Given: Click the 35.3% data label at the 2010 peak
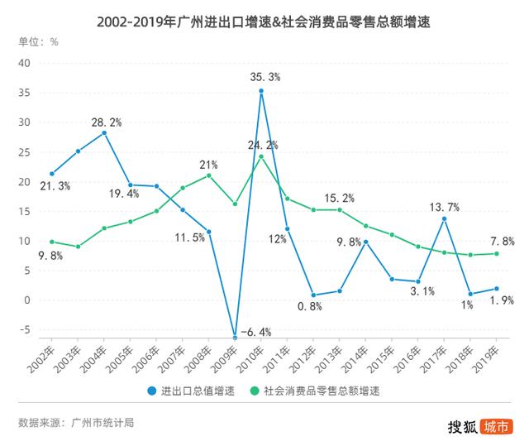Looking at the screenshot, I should pyautogui.click(x=265, y=77).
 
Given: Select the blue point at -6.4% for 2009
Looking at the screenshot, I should pyautogui.click(x=235, y=338).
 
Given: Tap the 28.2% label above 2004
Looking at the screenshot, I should pyautogui.click(x=107, y=122).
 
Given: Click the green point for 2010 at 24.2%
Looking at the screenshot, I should pyautogui.click(x=261, y=156).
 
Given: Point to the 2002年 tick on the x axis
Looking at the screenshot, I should pyautogui.click(x=41, y=353).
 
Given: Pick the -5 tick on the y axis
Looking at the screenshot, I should pyautogui.click(x=24, y=330).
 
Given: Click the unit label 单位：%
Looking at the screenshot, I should pyautogui.click(x=38, y=40).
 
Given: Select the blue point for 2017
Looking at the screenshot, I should pyautogui.click(x=444, y=218).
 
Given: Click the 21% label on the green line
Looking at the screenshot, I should pyautogui.click(x=207, y=163).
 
